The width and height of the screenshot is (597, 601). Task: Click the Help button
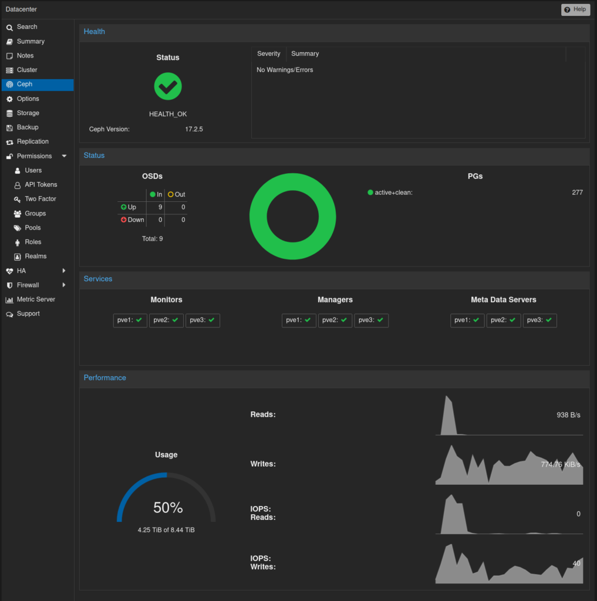click(x=575, y=9)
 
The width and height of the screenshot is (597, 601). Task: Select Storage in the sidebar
click(x=28, y=113)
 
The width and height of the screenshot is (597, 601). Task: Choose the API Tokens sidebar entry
click(x=41, y=185)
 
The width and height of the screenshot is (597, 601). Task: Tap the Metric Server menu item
click(x=36, y=299)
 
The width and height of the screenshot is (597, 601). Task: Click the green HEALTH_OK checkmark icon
click(x=168, y=86)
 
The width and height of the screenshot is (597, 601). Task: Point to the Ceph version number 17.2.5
click(x=194, y=129)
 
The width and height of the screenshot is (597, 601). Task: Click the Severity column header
click(x=268, y=53)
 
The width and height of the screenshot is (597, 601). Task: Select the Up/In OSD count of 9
click(x=160, y=207)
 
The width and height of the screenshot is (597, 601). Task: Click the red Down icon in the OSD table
click(x=123, y=220)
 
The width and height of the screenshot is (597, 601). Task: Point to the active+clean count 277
click(x=577, y=193)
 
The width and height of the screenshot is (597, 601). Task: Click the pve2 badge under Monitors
click(x=166, y=320)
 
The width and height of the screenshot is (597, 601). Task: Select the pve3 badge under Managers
click(x=371, y=320)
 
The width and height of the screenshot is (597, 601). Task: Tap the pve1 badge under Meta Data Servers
click(x=467, y=320)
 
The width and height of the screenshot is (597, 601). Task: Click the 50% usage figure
click(x=168, y=508)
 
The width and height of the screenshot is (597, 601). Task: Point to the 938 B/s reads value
click(x=568, y=415)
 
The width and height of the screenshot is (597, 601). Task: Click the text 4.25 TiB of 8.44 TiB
click(x=166, y=530)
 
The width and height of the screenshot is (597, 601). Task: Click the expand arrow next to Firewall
click(x=63, y=285)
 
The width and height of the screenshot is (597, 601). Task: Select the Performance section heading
click(x=104, y=378)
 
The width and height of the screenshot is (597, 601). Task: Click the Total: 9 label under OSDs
click(x=152, y=239)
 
